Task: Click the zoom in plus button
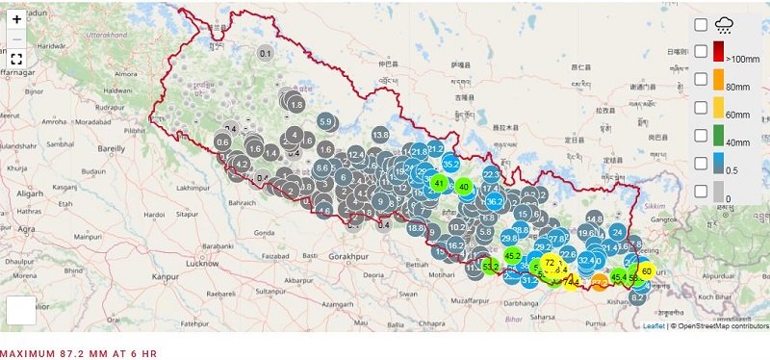pyautogui.click(x=16, y=19)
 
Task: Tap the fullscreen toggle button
pyautogui.click(x=16, y=59)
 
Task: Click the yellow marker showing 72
pyautogui.click(x=550, y=262)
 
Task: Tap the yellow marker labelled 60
pyautogui.click(x=646, y=272)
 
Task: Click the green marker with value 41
pyautogui.click(x=439, y=183)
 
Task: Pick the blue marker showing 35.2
pyautogui.click(x=450, y=165)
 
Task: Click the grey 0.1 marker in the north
pyautogui.click(x=266, y=53)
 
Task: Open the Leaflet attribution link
pyautogui.click(x=654, y=326)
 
